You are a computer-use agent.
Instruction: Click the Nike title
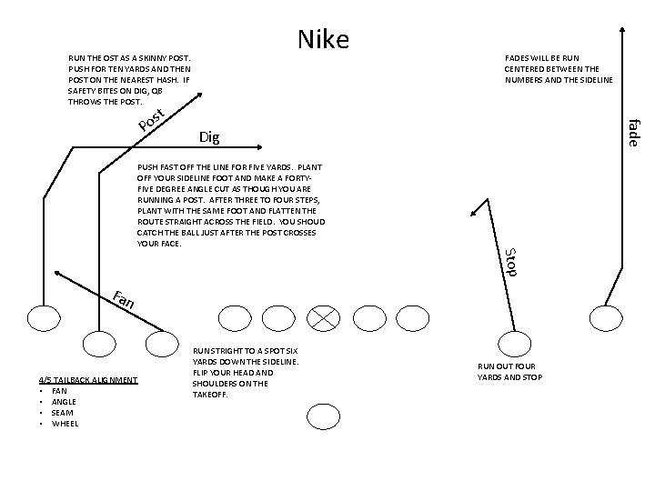[x=323, y=39]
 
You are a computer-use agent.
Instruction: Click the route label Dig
[x=208, y=137]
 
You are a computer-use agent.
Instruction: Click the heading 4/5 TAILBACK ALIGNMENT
[x=88, y=379]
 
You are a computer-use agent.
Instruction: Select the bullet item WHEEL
[x=65, y=423]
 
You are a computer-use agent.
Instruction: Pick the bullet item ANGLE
[x=65, y=401]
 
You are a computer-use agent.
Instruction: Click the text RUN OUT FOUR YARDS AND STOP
[x=509, y=371]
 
